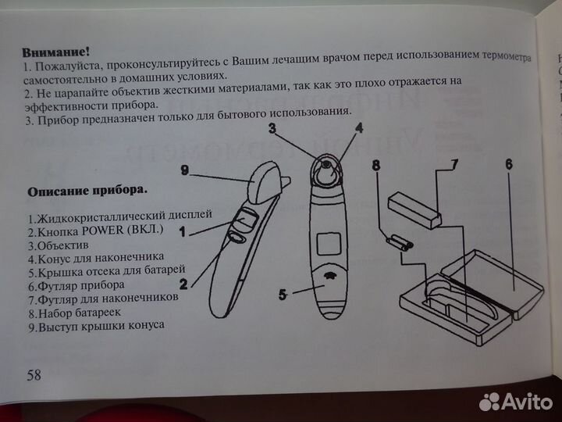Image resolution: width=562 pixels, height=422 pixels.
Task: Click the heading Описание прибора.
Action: (87, 191)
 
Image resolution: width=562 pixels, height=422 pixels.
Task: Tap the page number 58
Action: (34, 374)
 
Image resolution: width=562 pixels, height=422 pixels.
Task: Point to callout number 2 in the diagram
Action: (184, 283)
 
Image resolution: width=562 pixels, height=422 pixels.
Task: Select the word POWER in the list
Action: (95, 231)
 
